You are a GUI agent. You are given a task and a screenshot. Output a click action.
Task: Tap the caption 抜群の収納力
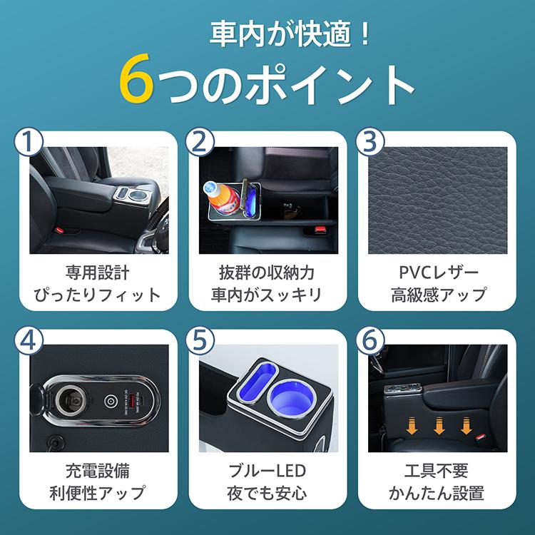click(267, 272)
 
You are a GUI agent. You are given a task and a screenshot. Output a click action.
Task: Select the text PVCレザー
click(438, 272)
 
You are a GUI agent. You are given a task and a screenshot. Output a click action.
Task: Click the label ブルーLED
click(267, 472)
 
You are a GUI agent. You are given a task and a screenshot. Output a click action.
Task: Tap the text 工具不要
click(438, 472)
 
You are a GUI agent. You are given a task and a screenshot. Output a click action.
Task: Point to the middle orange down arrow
click(437, 426)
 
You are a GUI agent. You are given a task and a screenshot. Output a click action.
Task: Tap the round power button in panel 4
click(112, 402)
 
